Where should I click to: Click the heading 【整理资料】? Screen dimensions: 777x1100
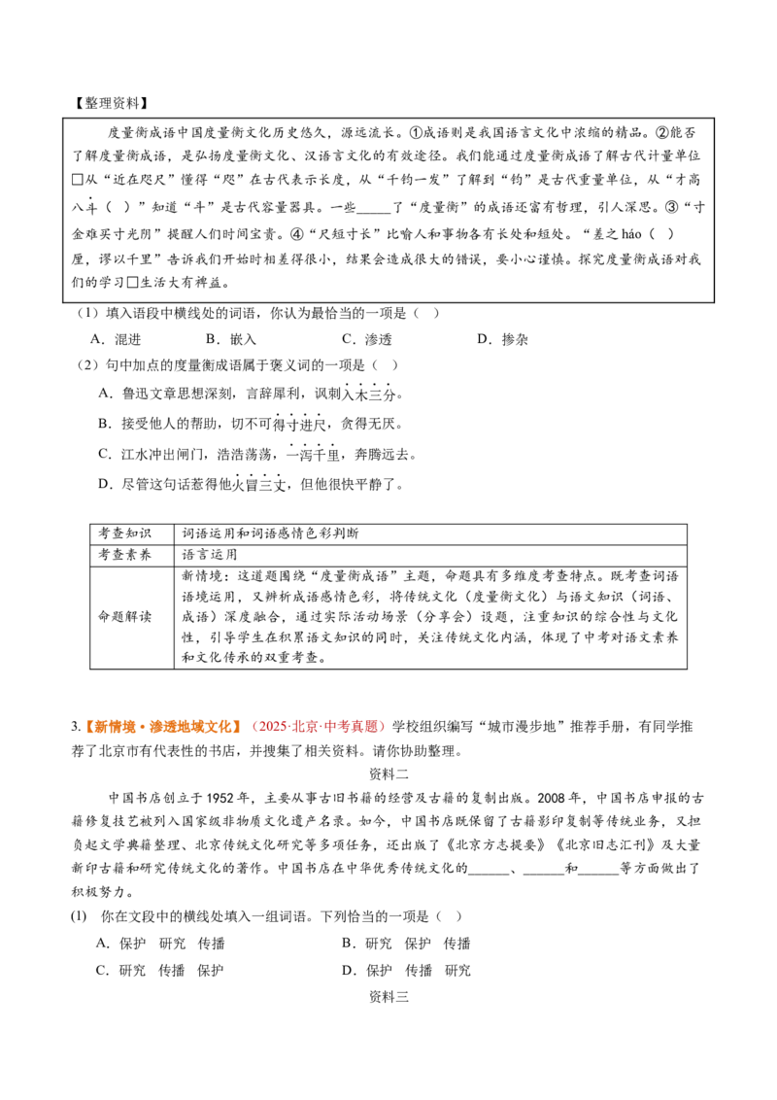tap(112, 102)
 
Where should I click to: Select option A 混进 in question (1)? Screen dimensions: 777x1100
tap(117, 339)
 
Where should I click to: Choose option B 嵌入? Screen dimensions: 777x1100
tap(231, 339)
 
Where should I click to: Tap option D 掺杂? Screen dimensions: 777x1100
tap(503, 339)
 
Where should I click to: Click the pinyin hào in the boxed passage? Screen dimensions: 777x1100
tap(631, 233)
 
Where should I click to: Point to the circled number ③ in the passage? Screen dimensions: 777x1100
tap(671, 207)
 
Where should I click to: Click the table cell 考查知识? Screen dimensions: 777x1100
tap(124, 533)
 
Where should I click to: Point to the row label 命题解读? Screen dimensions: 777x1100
tap(124, 617)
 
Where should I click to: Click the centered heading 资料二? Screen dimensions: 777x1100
tap(388, 773)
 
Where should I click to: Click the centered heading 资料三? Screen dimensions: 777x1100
tap(388, 997)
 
